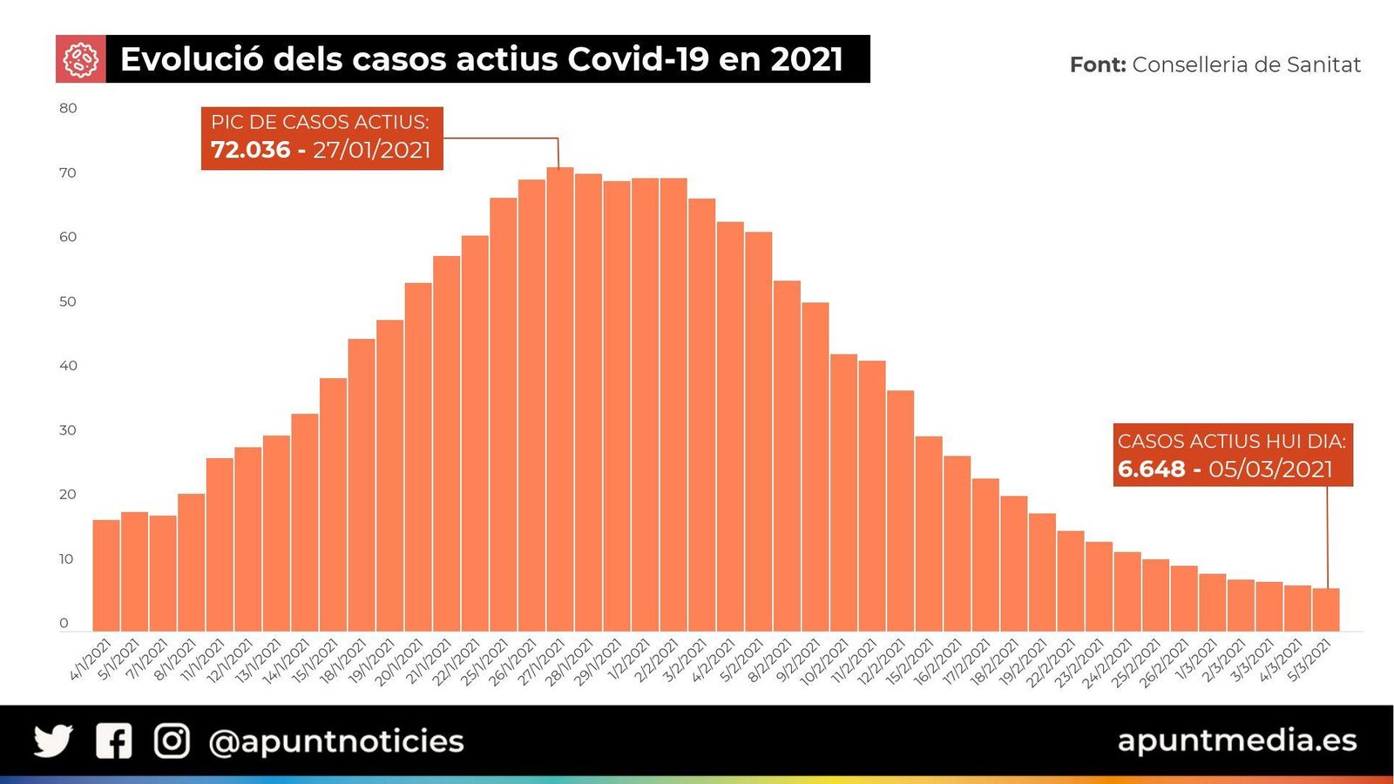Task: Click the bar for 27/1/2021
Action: (x=559, y=401)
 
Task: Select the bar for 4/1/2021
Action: (x=105, y=575)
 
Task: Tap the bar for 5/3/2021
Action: (x=1326, y=610)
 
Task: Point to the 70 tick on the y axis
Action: (x=68, y=172)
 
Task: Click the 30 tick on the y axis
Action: (x=68, y=430)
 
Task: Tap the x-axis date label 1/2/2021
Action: (x=631, y=660)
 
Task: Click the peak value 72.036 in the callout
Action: (x=250, y=150)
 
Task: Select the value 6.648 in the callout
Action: (x=1151, y=469)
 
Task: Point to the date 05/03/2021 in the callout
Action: (x=1270, y=469)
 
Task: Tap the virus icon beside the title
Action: (x=80, y=59)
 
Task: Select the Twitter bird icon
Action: (x=53, y=740)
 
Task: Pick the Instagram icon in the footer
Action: (x=172, y=740)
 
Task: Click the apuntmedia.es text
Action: (x=1236, y=740)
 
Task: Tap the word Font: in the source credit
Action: (x=1097, y=64)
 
